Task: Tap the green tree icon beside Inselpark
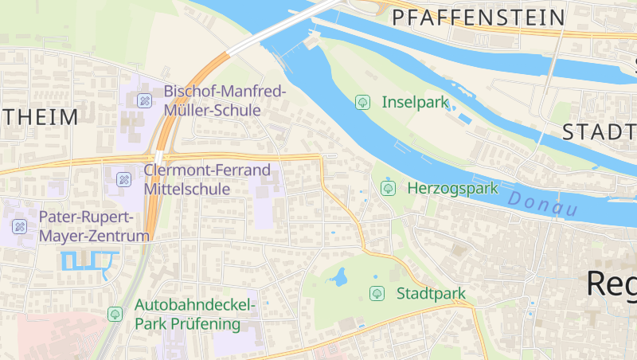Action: [x=362, y=102]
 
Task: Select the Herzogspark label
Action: [x=452, y=189]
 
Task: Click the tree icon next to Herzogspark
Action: [x=388, y=189]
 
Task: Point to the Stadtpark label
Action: [x=431, y=294]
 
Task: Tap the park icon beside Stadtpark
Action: [x=377, y=294]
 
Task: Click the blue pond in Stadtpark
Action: [x=339, y=278]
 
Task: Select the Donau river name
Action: [x=541, y=205]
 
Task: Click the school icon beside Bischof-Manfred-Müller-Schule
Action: [x=144, y=100]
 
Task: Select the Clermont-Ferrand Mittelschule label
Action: [x=207, y=179]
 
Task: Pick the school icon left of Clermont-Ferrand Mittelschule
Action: [x=123, y=179]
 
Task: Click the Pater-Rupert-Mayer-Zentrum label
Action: [x=94, y=226]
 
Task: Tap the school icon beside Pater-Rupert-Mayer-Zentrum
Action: [x=20, y=227]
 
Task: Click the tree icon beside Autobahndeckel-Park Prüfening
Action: [x=115, y=315]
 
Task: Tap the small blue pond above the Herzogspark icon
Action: [x=387, y=178]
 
